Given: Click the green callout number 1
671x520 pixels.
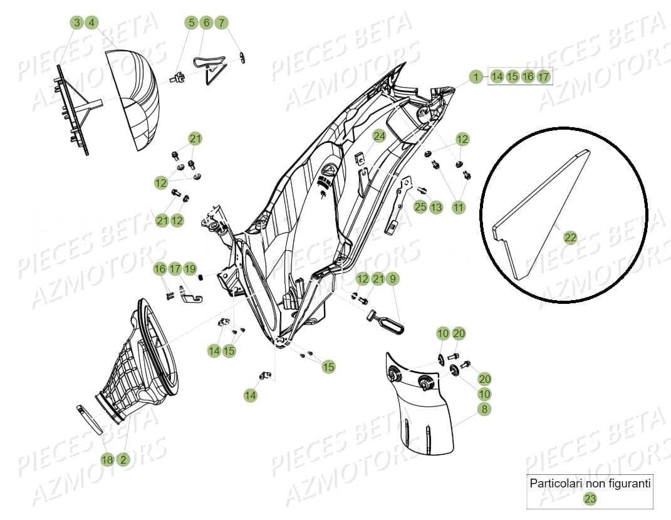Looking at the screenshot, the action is click(x=476, y=77).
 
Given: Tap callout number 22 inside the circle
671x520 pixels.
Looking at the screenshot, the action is click(x=570, y=237).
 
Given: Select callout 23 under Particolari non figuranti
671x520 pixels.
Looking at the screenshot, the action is click(x=590, y=499).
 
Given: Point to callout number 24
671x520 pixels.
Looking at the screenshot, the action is click(x=379, y=136).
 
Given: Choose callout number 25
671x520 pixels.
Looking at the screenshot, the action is click(x=420, y=207).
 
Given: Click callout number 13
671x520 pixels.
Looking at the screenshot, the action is click(x=436, y=207).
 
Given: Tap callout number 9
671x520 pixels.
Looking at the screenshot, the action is click(x=393, y=279).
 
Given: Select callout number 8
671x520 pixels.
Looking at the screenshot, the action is click(x=484, y=409).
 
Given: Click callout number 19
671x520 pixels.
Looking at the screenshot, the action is click(x=190, y=269).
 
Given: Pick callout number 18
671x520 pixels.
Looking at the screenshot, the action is click(x=107, y=460).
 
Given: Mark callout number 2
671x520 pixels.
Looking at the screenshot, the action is click(x=123, y=460).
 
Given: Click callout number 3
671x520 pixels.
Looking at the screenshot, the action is click(x=76, y=23).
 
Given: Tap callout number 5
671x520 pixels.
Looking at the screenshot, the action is click(x=191, y=23).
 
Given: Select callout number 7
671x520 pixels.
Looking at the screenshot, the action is click(x=221, y=23).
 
